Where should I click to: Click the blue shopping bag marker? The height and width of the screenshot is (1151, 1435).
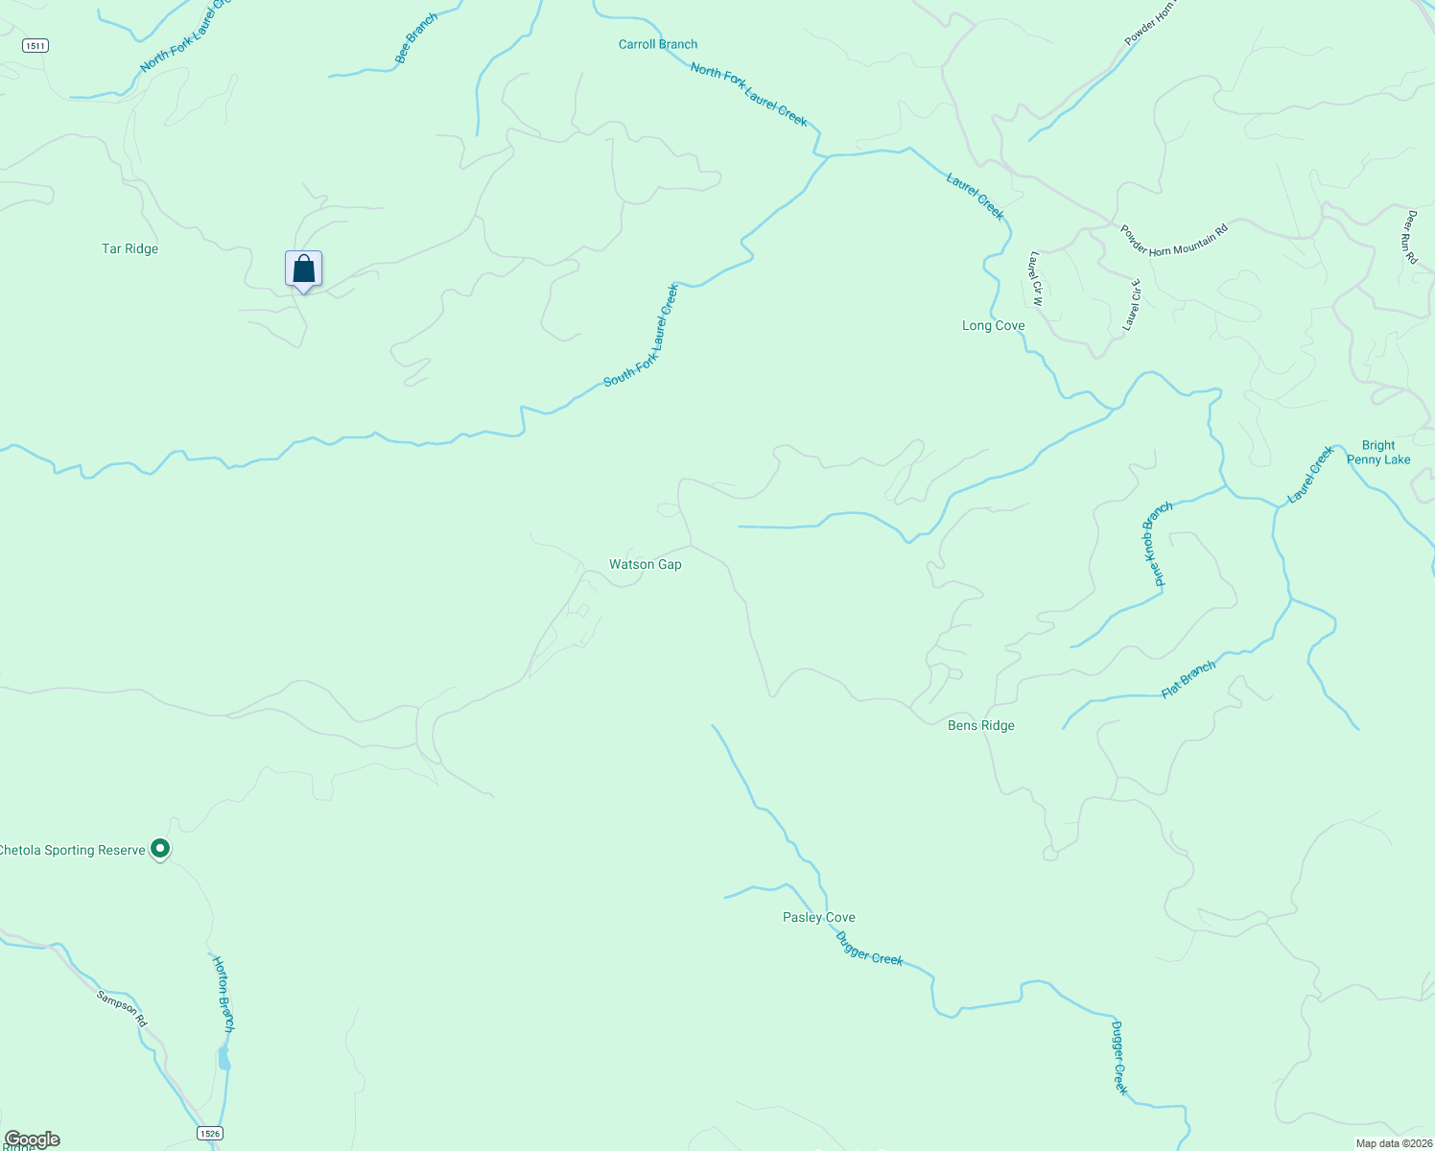pyautogui.click(x=303, y=270)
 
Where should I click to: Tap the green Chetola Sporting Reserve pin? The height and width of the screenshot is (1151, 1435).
pyautogui.click(x=161, y=849)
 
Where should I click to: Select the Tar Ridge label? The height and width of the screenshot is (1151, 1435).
pyautogui.click(x=129, y=248)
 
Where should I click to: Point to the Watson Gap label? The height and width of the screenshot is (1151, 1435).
pyautogui.click(x=645, y=564)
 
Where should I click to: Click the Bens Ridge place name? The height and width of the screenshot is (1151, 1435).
pyautogui.click(x=980, y=725)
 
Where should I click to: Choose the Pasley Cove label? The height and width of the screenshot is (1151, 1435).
pyautogui.click(x=818, y=917)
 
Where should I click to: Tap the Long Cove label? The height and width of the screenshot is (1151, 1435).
pyautogui.click(x=993, y=325)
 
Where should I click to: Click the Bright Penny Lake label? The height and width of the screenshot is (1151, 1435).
pyautogui.click(x=1378, y=452)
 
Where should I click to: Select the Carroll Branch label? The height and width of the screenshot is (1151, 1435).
pyautogui.click(x=657, y=44)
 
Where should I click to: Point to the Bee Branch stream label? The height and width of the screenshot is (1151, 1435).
pyautogui.click(x=416, y=38)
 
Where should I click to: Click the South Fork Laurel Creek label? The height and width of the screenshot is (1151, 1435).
pyautogui.click(x=641, y=336)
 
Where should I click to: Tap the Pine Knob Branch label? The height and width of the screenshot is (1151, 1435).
pyautogui.click(x=1158, y=544)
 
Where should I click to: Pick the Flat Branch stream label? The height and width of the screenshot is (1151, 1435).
pyautogui.click(x=1188, y=679)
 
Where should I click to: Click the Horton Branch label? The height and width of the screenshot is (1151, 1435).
pyautogui.click(x=223, y=993)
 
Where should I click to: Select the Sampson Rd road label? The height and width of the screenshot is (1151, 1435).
pyautogui.click(x=122, y=1009)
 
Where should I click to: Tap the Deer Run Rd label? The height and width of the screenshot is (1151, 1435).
pyautogui.click(x=1411, y=237)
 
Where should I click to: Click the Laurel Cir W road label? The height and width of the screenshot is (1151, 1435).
pyautogui.click(x=1035, y=278)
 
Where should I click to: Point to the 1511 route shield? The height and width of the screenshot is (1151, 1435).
pyautogui.click(x=35, y=45)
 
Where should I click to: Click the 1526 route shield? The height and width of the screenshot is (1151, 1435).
pyautogui.click(x=210, y=1133)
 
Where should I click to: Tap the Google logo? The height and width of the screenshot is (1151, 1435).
pyautogui.click(x=32, y=1139)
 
